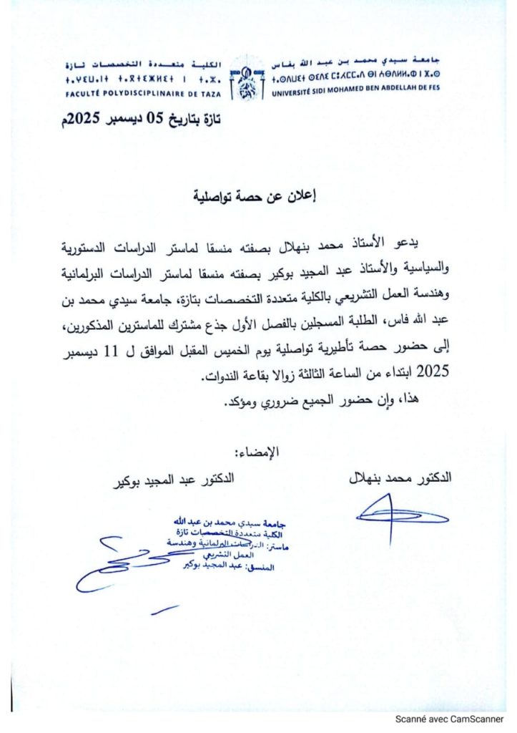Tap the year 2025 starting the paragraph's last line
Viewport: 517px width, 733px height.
coord(431,372)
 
